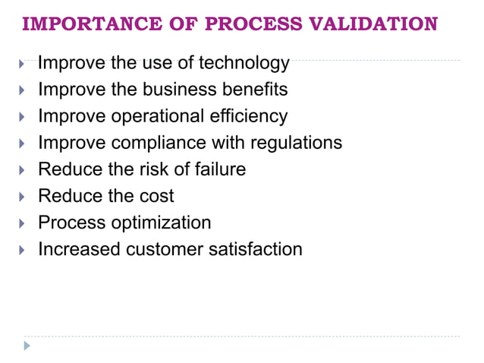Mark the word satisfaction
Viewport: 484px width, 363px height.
point(256,249)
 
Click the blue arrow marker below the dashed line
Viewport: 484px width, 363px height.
point(28,346)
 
